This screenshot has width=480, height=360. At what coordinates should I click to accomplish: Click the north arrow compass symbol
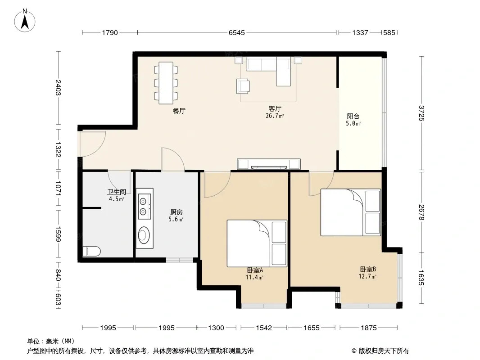[25, 21]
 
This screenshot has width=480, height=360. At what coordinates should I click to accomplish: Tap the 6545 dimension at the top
[237, 32]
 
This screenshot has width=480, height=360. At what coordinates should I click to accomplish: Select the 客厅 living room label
[275, 108]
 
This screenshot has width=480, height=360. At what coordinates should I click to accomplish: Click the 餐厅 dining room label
[179, 111]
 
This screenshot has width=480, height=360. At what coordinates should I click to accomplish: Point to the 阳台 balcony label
[353, 116]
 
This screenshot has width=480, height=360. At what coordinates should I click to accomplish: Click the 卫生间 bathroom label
[116, 192]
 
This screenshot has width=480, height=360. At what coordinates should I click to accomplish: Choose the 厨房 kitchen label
[177, 212]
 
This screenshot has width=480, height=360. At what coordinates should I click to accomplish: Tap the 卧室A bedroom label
[255, 270]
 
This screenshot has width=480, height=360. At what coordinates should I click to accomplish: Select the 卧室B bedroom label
[367, 269]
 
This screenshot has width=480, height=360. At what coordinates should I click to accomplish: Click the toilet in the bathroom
[91, 252]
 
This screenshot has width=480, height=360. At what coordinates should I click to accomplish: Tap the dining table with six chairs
[166, 83]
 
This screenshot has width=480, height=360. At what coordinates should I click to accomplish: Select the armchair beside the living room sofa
[243, 86]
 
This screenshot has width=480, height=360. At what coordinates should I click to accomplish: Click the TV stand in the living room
[269, 164]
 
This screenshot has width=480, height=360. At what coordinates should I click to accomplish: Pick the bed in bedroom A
[257, 243]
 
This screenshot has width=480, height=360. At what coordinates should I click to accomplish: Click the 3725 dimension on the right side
[421, 113]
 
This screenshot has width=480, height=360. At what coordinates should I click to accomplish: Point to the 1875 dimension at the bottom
[369, 328]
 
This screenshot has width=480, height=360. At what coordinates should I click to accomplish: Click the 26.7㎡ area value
[275, 116]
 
